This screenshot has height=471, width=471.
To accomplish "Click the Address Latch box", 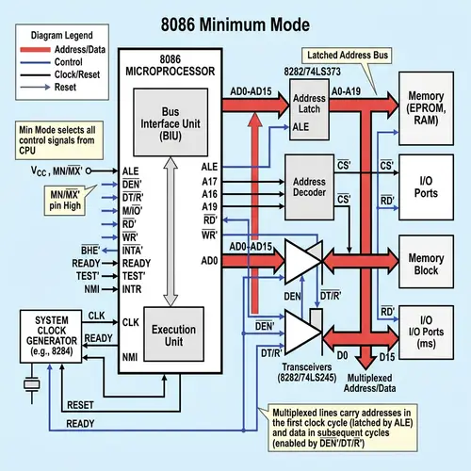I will (x=309, y=112).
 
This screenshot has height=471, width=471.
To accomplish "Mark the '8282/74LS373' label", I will (x=310, y=73).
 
